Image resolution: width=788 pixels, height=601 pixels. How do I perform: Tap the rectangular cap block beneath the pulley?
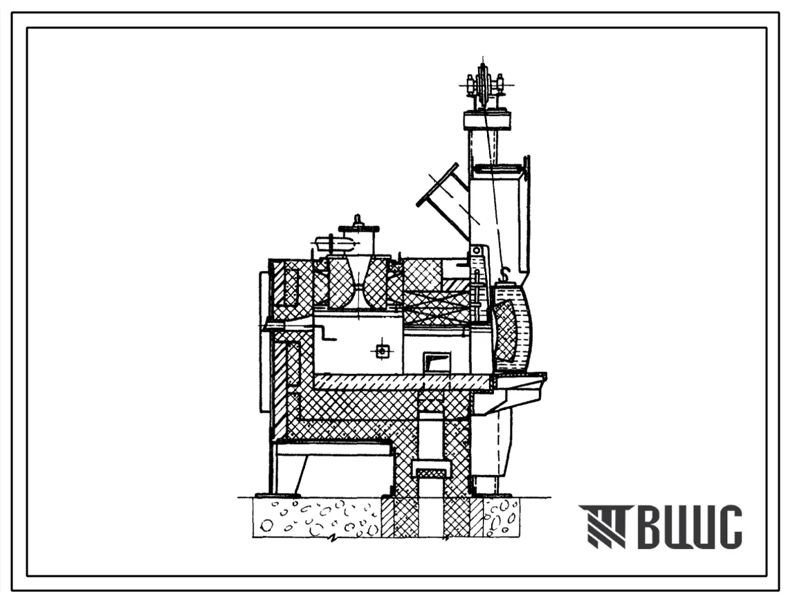click(x=488, y=121)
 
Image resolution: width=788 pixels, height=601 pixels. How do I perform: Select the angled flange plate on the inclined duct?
click(x=438, y=185)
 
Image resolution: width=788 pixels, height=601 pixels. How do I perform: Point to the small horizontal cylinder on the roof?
click(x=333, y=243)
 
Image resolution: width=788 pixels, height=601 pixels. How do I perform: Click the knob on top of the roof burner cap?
click(x=358, y=220)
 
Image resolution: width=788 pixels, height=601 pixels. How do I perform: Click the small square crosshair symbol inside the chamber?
click(x=383, y=351)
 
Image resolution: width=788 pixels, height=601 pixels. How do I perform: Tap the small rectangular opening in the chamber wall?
click(x=437, y=361)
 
